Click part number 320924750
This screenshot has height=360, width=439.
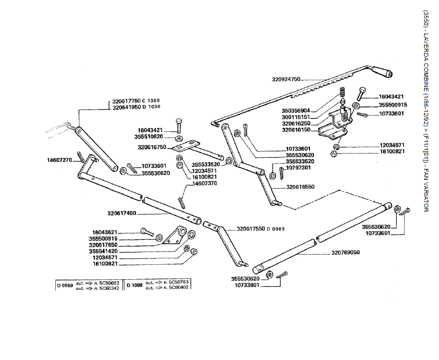click(286, 79)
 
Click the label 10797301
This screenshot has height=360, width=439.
click(299, 167)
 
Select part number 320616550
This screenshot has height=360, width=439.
click(300, 187)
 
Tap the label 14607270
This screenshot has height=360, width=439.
click(59, 159)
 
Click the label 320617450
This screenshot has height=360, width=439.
click(122, 213)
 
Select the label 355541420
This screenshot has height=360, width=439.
click(103, 251)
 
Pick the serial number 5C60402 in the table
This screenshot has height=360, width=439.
click(176, 288)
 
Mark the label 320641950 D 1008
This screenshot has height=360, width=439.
click(136, 107)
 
